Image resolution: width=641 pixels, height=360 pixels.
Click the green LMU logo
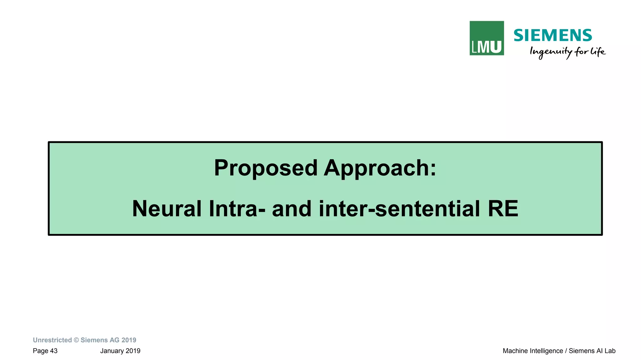486,38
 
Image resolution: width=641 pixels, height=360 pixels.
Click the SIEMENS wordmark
552,35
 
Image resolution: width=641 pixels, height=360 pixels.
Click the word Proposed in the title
266,168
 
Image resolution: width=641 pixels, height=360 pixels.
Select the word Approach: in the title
380,168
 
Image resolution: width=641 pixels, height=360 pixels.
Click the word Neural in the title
167,209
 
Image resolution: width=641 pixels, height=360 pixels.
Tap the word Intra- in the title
237,209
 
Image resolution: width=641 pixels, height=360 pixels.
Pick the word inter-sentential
399,209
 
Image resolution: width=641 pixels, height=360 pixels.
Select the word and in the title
292,209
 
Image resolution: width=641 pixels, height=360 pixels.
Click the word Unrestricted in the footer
52,340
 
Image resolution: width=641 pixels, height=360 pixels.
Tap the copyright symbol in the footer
76,340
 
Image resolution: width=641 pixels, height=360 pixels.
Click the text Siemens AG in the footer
100,340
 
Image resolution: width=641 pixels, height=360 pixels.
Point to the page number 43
54,351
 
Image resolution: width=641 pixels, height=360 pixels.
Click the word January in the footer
112,351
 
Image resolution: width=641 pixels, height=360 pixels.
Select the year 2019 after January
133,351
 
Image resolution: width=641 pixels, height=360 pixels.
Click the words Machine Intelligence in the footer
532,351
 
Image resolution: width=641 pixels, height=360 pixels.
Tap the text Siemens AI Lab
592,351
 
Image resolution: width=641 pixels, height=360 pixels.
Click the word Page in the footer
40,351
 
